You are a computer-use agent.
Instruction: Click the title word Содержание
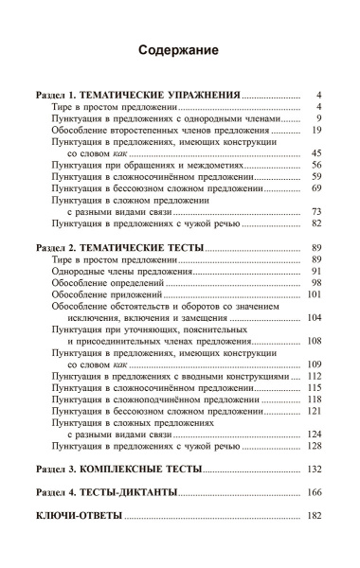(179, 49)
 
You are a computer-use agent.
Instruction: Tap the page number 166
(316, 493)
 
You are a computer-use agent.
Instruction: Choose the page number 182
(316, 517)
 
